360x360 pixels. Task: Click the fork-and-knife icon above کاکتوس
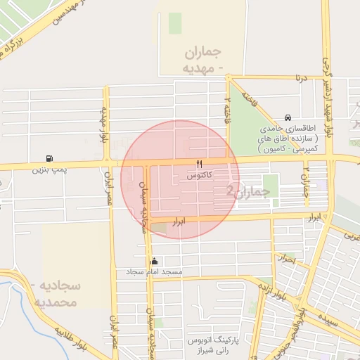(x=199, y=165)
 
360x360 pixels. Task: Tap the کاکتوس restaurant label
(x=200, y=175)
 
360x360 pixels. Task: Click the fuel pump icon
(x=49, y=159)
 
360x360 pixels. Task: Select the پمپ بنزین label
(x=49, y=169)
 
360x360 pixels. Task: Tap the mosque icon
(x=154, y=261)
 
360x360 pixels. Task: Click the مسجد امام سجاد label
(x=154, y=271)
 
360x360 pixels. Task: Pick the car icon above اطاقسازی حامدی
(x=288, y=118)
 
